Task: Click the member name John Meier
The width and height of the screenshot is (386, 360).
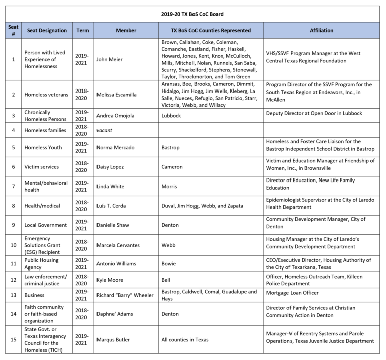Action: [110, 60]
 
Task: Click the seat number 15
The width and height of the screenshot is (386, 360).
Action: [13, 340]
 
